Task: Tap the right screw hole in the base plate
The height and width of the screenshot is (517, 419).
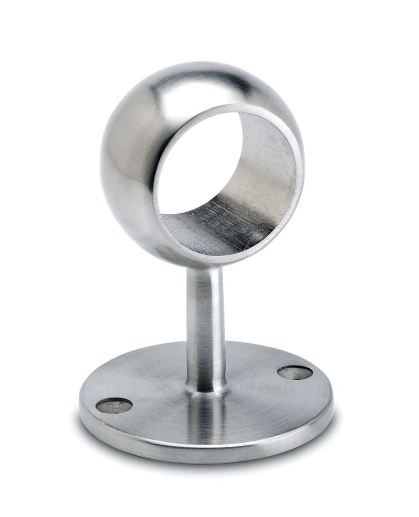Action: [295, 372]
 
